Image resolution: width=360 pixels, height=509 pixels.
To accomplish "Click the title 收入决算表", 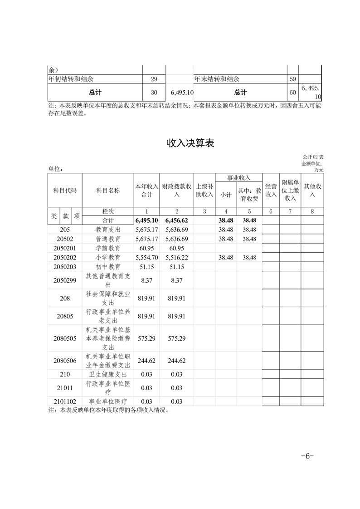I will point(190,143).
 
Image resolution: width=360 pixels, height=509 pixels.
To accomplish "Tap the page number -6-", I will point(307,456).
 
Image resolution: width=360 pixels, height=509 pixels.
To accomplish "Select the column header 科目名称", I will point(108,191).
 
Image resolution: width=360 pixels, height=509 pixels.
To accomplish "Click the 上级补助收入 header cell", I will point(204,191).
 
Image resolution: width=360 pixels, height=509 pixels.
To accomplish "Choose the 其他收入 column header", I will point(313,191).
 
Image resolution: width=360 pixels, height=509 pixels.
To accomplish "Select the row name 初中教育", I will point(108,266).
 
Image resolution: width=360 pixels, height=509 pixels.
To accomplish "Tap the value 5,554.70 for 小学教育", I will point(146,257).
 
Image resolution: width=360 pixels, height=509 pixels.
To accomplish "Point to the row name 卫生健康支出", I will point(108,374).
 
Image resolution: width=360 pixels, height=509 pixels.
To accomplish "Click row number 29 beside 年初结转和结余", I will point(154,79).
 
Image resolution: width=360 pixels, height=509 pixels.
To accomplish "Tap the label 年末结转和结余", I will point(217,79).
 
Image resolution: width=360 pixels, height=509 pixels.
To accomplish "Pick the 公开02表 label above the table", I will point(313,157).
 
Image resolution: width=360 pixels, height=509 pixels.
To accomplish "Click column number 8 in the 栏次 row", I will point(313,211).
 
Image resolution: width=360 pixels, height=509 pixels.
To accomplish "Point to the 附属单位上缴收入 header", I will point(290,190).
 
